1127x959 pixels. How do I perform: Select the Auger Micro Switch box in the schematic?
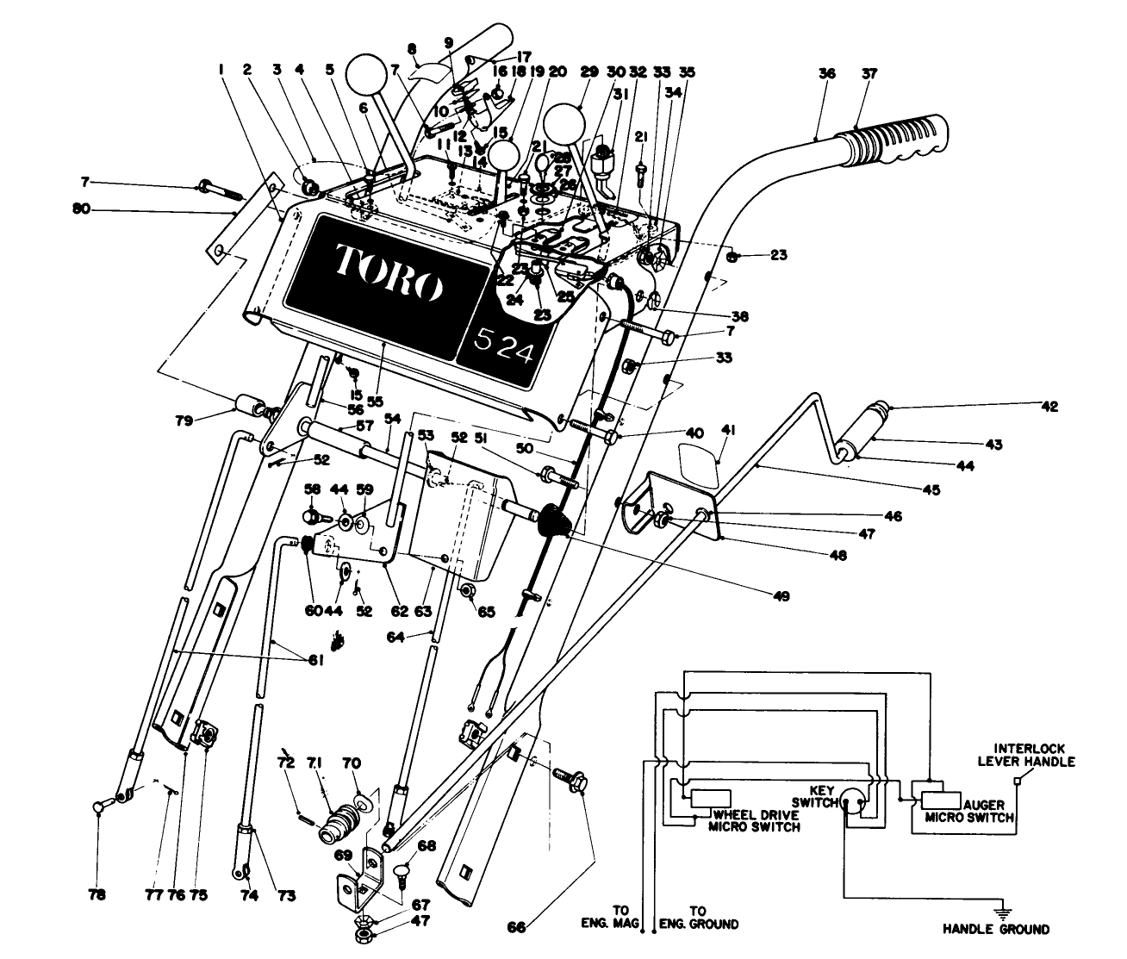pos(934,798)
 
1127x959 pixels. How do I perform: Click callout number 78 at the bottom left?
pos(97,894)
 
